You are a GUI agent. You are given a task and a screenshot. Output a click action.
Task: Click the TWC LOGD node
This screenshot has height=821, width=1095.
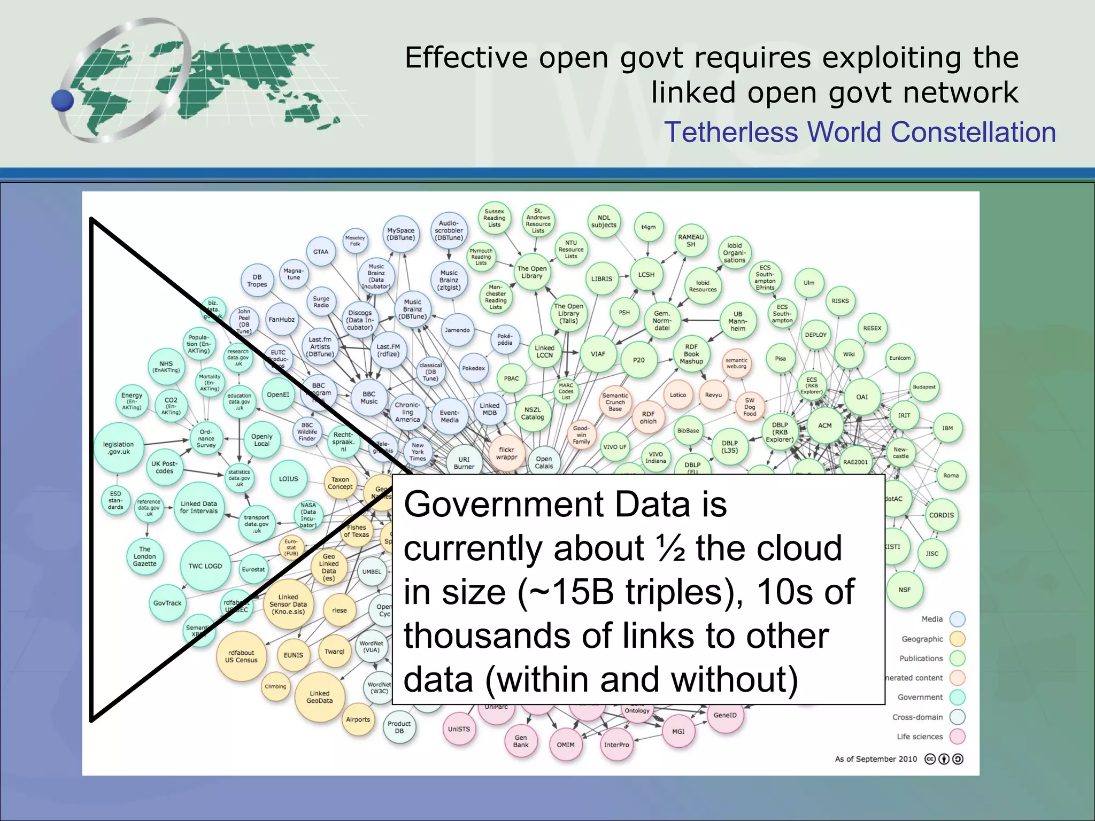coord(205,566)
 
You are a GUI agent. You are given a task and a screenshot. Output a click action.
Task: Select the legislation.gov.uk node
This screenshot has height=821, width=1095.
coord(119,448)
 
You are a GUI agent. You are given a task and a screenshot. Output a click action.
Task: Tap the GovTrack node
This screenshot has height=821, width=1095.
coord(167,603)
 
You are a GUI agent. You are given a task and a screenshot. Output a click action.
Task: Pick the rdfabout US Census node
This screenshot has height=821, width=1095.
coord(241,656)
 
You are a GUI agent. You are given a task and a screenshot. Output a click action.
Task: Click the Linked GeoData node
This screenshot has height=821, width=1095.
coord(319,697)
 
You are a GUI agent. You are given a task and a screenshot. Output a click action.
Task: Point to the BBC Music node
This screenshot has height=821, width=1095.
coord(369,398)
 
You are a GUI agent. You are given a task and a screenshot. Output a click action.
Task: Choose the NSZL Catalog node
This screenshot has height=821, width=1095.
coord(533,414)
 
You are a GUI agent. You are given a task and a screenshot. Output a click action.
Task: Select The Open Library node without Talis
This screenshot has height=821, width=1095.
coord(532,273)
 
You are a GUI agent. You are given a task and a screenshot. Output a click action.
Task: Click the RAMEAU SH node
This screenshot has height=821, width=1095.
coord(691,241)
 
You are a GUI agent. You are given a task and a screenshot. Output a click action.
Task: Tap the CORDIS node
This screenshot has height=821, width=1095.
coord(941,515)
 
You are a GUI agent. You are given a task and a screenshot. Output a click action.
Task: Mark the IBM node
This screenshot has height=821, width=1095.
coord(947,428)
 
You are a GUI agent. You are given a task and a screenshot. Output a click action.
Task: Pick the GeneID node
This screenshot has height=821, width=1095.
coord(725,715)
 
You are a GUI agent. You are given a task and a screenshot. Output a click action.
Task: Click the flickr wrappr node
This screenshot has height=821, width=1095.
coord(506,453)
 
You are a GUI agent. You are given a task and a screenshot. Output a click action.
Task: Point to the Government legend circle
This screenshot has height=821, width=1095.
coord(957,697)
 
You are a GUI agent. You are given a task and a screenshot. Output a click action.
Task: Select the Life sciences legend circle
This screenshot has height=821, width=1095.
coord(957,737)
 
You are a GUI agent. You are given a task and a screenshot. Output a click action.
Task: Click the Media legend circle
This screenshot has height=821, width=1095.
coord(957,619)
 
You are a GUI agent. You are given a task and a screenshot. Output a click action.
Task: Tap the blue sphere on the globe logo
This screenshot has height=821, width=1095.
coord(63,100)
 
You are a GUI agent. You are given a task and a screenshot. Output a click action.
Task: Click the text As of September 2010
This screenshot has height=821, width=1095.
coord(876,759)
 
